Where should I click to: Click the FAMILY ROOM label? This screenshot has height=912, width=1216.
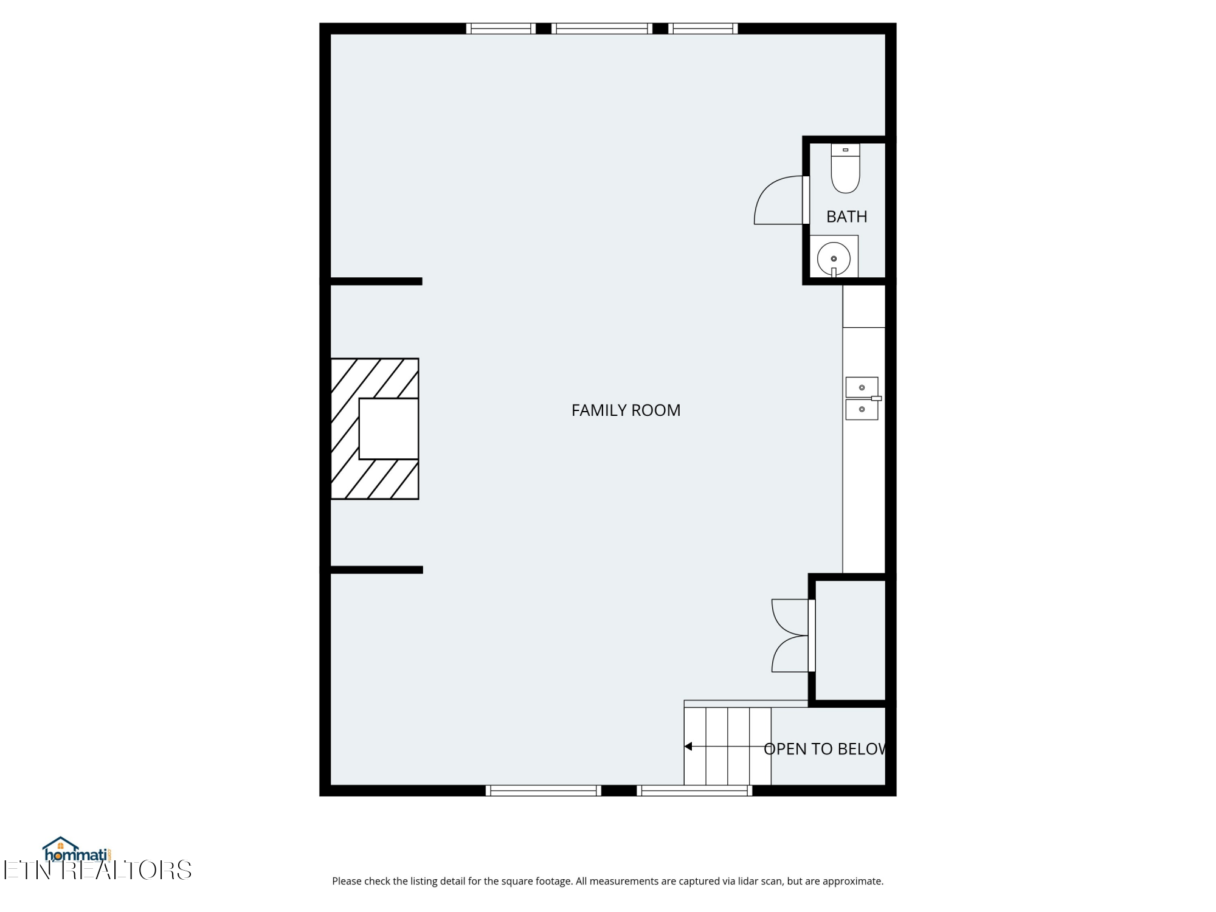pyautogui.click(x=626, y=410)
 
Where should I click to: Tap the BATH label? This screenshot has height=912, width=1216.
pyautogui.click(x=846, y=216)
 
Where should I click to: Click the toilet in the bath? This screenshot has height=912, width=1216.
pyautogui.click(x=845, y=168)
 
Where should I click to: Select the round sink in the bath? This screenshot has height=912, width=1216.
pyautogui.click(x=834, y=259)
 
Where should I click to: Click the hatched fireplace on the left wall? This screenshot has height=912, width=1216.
pyautogui.click(x=375, y=429)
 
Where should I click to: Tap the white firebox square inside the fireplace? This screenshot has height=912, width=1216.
pyautogui.click(x=389, y=429)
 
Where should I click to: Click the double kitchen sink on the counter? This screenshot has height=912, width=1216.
pyautogui.click(x=862, y=398)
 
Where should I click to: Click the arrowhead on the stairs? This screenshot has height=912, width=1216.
pyautogui.click(x=688, y=747)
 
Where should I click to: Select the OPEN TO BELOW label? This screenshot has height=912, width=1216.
pyautogui.click(x=824, y=749)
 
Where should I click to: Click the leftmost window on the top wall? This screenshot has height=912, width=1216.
pyautogui.click(x=501, y=28)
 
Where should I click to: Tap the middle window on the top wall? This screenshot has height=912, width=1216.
pyautogui.click(x=602, y=28)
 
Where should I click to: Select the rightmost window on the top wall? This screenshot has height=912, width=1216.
pyautogui.click(x=703, y=28)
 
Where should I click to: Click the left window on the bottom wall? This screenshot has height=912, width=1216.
pyautogui.click(x=544, y=790)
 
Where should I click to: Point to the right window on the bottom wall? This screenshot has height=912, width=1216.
pyautogui.click(x=694, y=790)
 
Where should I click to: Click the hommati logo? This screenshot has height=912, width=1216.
pyautogui.click(x=77, y=849)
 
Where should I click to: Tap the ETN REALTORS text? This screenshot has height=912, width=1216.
pyautogui.click(x=97, y=871)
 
